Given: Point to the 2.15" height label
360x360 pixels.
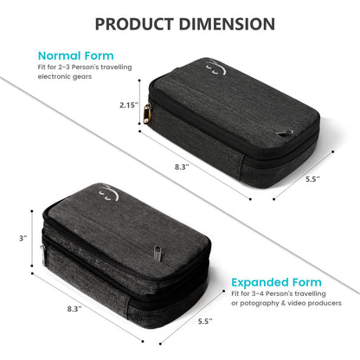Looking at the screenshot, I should tap(128, 106).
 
